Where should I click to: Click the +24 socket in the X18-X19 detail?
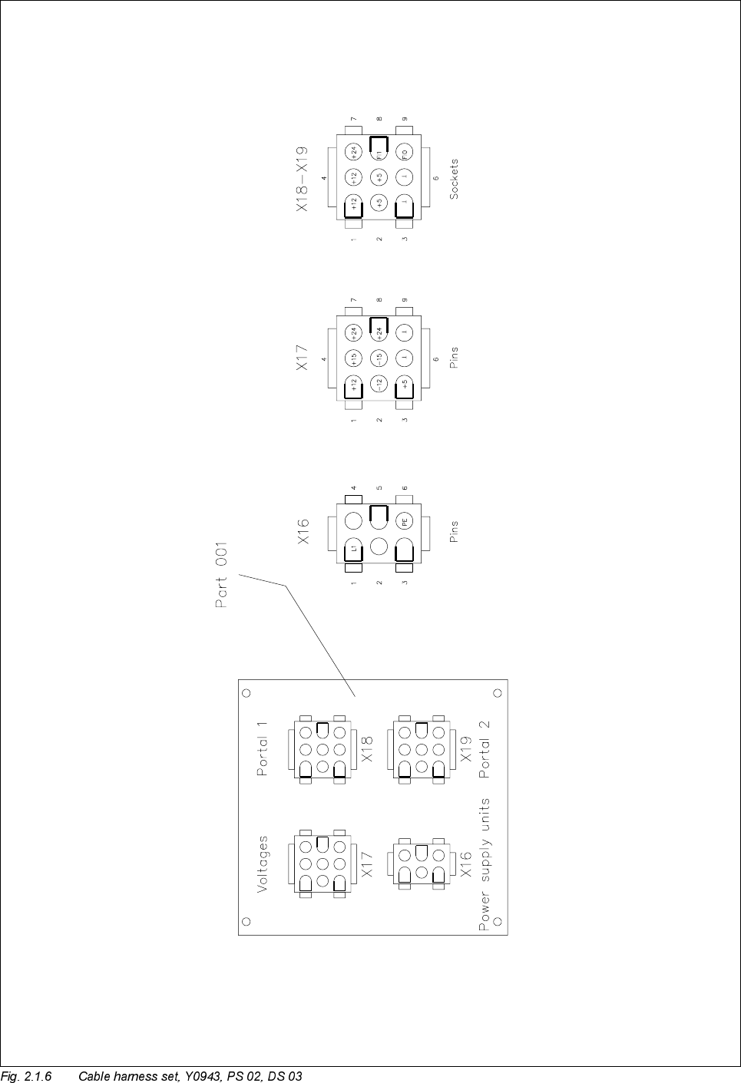[353, 151]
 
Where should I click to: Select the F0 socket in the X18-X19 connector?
[405, 151]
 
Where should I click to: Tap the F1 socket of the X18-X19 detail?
[379, 151]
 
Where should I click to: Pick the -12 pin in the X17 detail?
[379, 384]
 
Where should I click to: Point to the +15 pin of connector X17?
[353, 358]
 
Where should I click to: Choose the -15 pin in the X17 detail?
[379, 358]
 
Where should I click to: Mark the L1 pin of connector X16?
[353, 548]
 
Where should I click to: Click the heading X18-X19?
[303, 179]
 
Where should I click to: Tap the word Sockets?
[455, 180]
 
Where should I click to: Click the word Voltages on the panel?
[263, 864]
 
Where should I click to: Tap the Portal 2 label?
[484, 748]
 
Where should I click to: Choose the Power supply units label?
[485, 864]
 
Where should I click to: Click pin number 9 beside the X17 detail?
[405, 300]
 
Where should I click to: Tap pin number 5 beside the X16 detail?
[379, 487]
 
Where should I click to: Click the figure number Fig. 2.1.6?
[26, 1075]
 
